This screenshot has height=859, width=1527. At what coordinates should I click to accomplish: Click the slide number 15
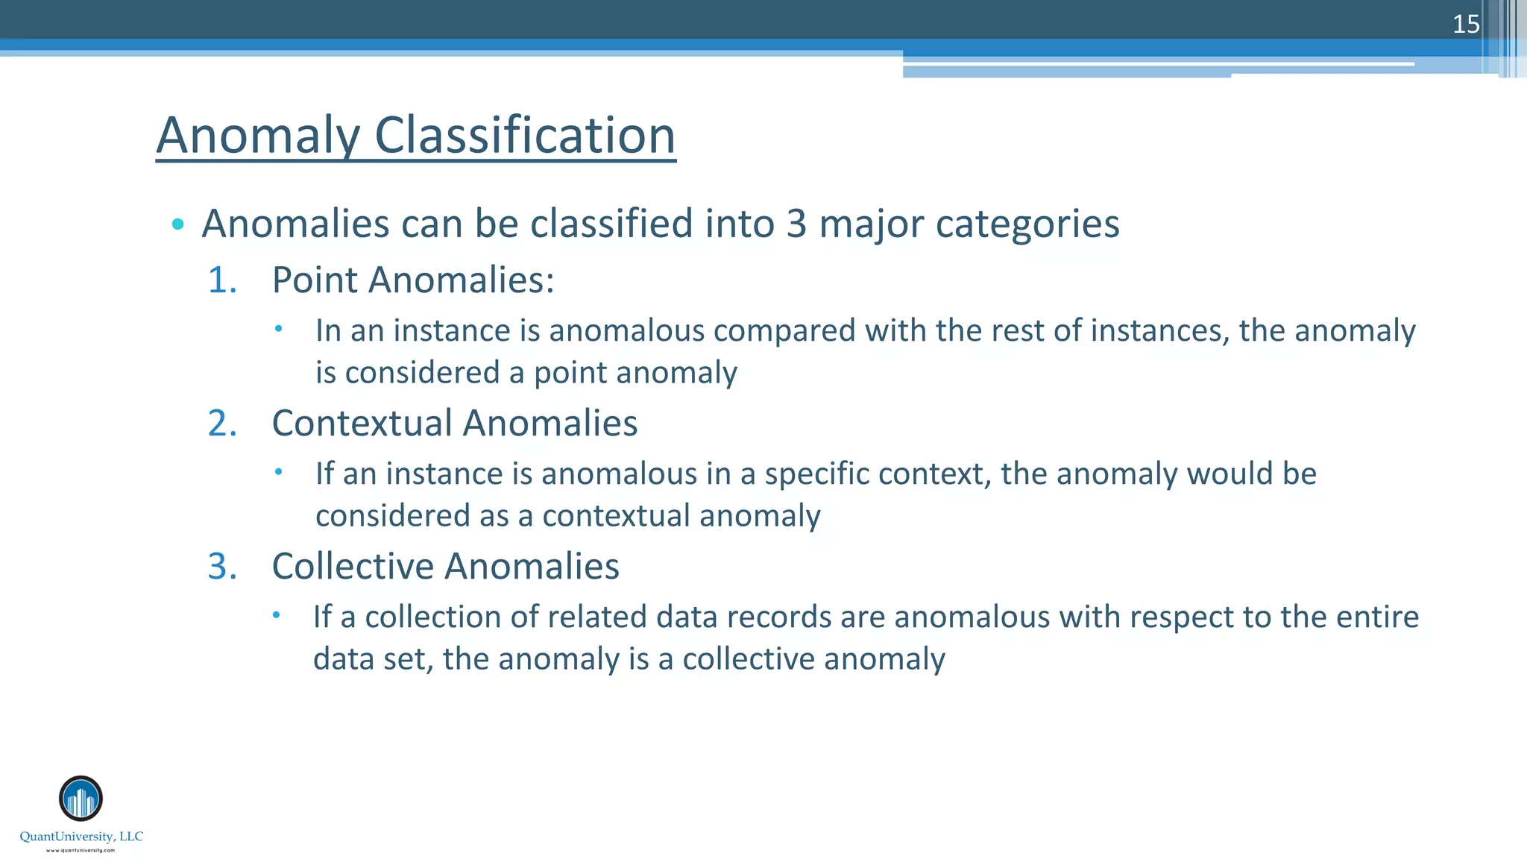pyautogui.click(x=1465, y=25)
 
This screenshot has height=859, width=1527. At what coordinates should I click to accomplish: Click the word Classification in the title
pyautogui.click(x=524, y=136)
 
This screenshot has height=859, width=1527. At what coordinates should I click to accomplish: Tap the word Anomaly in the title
pyautogui.click(x=258, y=136)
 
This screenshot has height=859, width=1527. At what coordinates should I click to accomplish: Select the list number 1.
pyautogui.click(x=222, y=280)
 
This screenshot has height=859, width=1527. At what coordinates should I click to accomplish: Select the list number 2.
pyautogui.click(x=222, y=424)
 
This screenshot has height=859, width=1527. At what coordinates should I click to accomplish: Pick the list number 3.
pyautogui.click(x=222, y=567)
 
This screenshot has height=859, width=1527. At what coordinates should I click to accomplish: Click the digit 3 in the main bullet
pyautogui.click(x=796, y=224)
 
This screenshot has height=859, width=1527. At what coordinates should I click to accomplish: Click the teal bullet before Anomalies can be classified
pyautogui.click(x=177, y=224)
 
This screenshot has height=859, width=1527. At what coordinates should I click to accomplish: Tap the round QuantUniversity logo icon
pyautogui.click(x=81, y=799)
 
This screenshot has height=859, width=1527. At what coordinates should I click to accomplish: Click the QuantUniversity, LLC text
pyautogui.click(x=81, y=837)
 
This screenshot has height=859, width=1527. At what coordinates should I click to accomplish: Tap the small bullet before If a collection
pyautogui.click(x=276, y=615)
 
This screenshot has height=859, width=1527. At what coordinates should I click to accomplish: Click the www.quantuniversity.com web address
pyautogui.click(x=81, y=850)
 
